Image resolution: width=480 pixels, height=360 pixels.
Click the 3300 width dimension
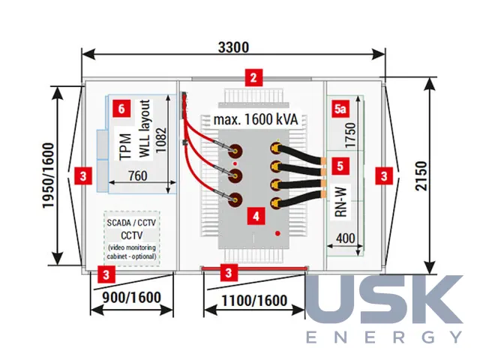click(x=233, y=47)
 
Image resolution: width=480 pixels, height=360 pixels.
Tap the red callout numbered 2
click(x=253, y=78)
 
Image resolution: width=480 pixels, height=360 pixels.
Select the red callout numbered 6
click(x=121, y=109)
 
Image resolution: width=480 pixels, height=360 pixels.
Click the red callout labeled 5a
click(x=340, y=109)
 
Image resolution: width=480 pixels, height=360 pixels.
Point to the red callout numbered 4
click(x=256, y=217)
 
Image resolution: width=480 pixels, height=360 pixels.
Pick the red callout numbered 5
click(x=340, y=166)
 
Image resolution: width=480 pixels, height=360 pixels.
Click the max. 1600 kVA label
click(x=256, y=119)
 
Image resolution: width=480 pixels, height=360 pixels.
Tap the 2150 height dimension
click(x=421, y=176)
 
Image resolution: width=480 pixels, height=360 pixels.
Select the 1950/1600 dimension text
click(x=48, y=175)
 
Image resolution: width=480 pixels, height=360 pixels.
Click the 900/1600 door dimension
click(x=132, y=298)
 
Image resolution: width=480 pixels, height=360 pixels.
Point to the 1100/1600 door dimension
click(x=254, y=301)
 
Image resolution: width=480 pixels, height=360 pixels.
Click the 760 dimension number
click(x=138, y=176)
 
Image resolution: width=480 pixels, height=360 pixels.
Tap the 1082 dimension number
click(x=161, y=140)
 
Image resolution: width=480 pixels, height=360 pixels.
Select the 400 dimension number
click(x=346, y=238)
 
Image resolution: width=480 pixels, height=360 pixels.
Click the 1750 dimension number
click(x=350, y=135)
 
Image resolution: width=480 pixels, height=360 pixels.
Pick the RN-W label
click(x=341, y=202)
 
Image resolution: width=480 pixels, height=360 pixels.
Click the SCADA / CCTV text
click(x=131, y=223)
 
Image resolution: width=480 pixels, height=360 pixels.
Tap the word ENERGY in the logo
click(x=384, y=337)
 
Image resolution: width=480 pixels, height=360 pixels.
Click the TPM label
click(x=125, y=147)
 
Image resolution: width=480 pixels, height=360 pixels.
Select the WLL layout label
click(x=145, y=128)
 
